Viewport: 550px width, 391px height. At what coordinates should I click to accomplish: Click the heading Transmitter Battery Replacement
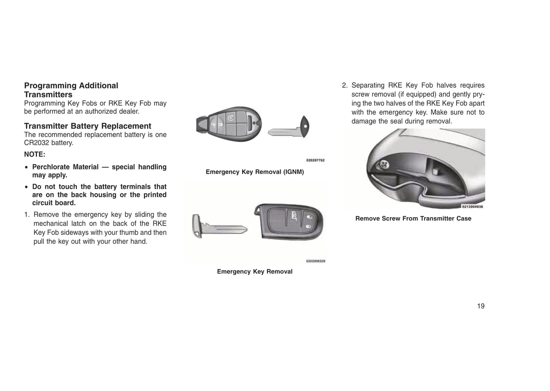tap(88, 126)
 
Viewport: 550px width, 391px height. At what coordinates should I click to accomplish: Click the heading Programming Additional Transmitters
tap(71, 90)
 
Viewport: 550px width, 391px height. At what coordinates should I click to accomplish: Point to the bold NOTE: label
tap(35, 154)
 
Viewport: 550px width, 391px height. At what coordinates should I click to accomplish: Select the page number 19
tap(481, 306)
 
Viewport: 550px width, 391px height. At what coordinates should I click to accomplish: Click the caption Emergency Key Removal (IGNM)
tap(255, 172)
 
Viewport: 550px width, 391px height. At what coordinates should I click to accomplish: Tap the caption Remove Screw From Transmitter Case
tap(413, 218)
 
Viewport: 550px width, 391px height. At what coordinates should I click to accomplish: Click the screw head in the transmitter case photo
tap(384, 164)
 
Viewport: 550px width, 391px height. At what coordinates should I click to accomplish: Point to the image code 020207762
tap(315, 160)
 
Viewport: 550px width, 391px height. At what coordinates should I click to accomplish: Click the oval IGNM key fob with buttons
tap(229, 124)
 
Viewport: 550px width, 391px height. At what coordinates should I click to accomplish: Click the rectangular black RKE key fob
tap(289, 221)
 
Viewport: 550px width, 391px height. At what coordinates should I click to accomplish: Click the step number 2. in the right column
tap(345, 85)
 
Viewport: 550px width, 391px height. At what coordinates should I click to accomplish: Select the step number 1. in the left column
tap(27, 215)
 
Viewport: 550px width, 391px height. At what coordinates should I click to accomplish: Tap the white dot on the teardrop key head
tap(305, 127)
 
